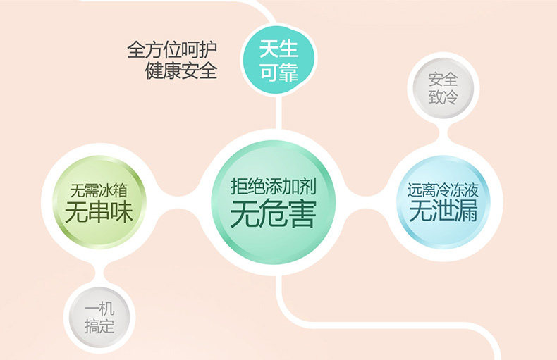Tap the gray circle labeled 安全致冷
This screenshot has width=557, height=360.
(443, 87)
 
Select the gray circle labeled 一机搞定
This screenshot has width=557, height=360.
(98, 318)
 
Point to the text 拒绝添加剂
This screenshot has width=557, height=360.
(272, 185)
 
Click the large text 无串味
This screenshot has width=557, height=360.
(99, 212)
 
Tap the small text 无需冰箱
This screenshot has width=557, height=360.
(99, 191)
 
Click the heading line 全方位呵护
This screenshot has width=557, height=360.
(172, 49)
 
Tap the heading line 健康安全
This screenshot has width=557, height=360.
(181, 70)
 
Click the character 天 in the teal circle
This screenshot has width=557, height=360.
(269, 50)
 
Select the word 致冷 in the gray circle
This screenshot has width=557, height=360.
(443, 97)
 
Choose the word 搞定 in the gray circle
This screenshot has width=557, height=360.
(98, 327)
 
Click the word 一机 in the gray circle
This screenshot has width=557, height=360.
(98, 309)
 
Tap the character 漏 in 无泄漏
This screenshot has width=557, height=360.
(467, 211)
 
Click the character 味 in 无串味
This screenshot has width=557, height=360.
(121, 212)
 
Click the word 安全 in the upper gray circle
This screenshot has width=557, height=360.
(443, 78)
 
